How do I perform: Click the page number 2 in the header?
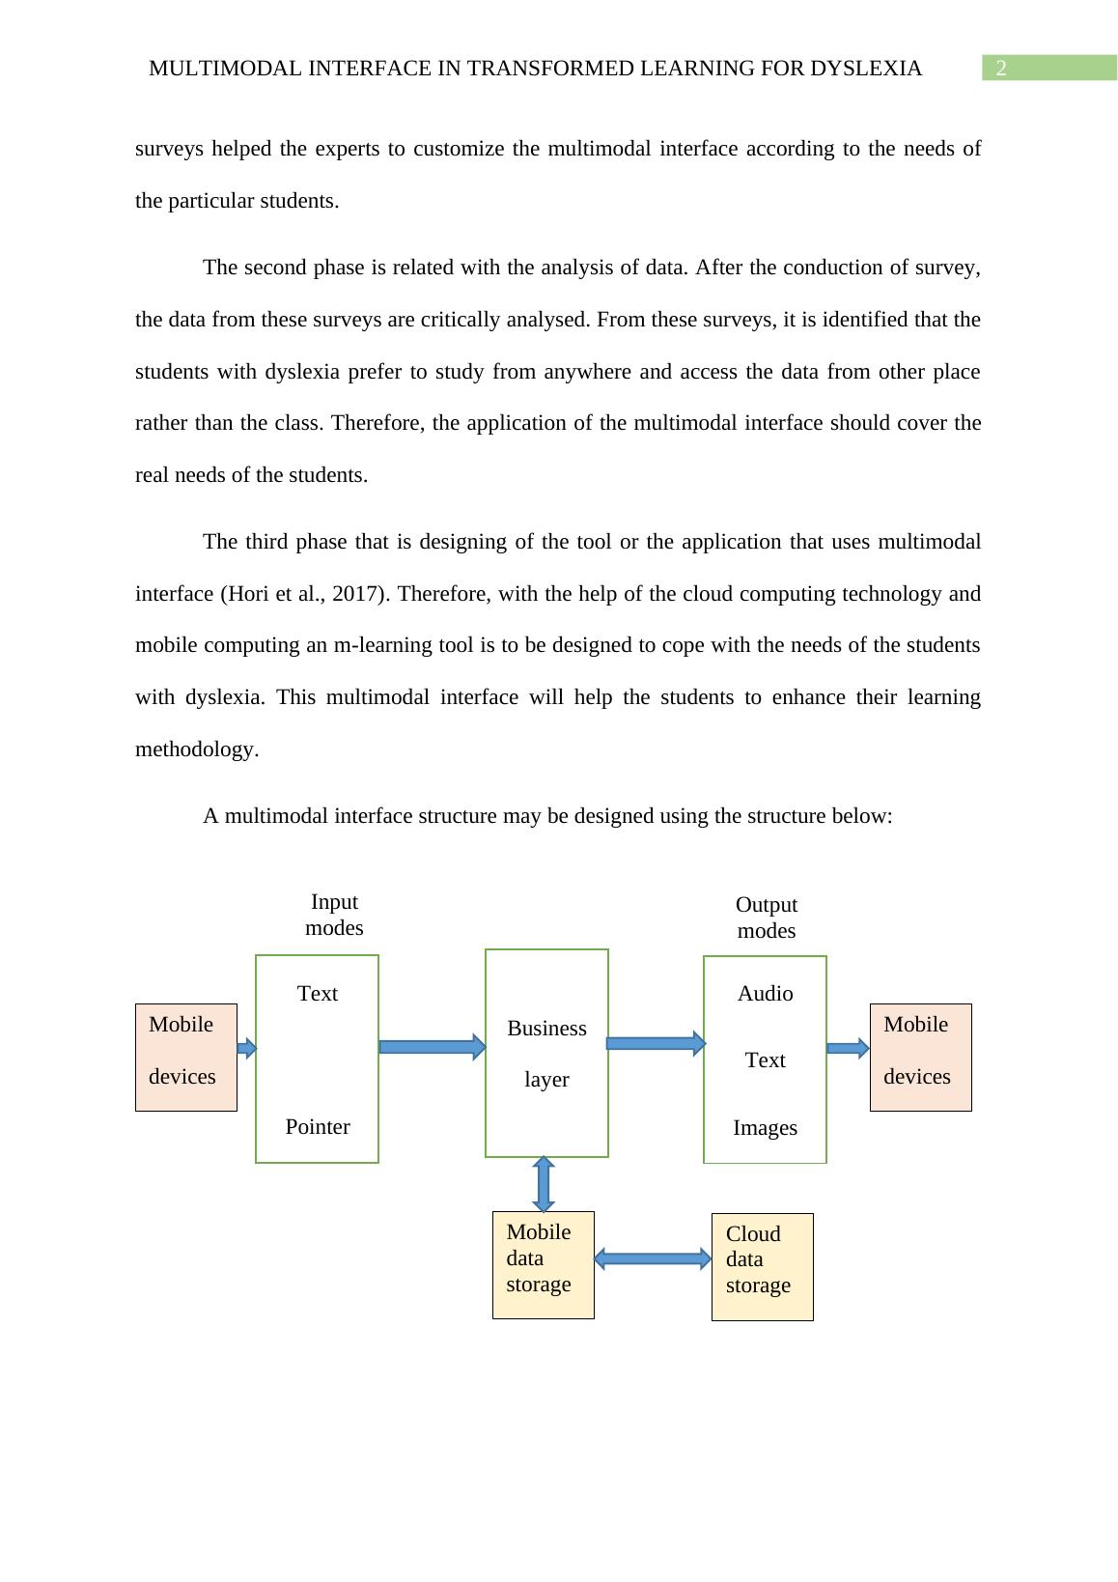point(1001,69)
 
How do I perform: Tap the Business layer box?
point(546,1053)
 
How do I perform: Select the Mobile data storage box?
point(543,1264)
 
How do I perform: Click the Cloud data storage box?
point(762,1266)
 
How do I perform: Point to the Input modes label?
point(334,915)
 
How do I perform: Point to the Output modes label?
point(766,918)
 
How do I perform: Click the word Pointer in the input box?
point(318,1127)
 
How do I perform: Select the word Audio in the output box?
point(765,994)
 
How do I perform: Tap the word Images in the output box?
point(765,1128)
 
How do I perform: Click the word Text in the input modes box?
point(318,994)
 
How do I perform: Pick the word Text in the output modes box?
point(765,1060)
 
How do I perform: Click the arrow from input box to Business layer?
point(432,1047)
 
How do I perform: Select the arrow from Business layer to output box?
point(656,1043)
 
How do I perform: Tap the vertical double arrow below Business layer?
point(544,1184)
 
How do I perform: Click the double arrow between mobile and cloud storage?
point(653,1258)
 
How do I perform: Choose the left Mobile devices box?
point(185,1057)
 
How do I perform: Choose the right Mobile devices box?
point(920,1057)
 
